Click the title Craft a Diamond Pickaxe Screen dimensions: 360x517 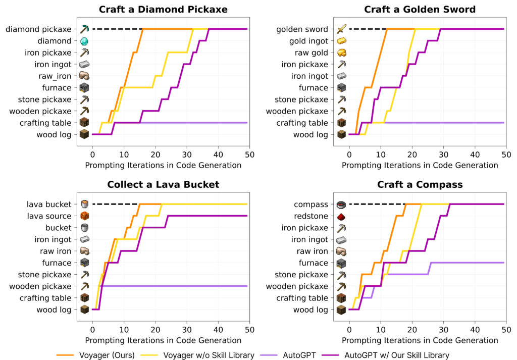[x=163, y=10]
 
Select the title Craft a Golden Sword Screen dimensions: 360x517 [x=420, y=10]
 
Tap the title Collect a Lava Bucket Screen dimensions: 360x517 [x=163, y=185]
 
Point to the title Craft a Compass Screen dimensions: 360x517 [x=420, y=185]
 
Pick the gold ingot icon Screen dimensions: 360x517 [x=341, y=41]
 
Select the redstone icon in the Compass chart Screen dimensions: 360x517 [x=341, y=216]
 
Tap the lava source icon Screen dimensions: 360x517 [x=84, y=216]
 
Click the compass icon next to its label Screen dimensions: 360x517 [x=341, y=204]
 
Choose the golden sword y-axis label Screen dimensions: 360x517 [x=302, y=29]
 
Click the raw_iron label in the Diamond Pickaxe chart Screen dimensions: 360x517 [x=55, y=76]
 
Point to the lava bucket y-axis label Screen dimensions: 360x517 [x=49, y=204]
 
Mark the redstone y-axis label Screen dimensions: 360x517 [x=312, y=216]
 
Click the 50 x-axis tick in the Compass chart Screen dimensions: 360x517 [x=506, y=330]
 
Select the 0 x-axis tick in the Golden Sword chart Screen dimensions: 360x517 [x=349, y=155]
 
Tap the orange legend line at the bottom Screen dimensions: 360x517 [x=65, y=355]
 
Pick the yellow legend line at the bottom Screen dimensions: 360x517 [x=149, y=355]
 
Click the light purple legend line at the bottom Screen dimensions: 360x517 [x=268, y=355]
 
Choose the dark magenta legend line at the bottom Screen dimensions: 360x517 [x=330, y=355]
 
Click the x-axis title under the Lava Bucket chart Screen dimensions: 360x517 [x=163, y=340]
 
